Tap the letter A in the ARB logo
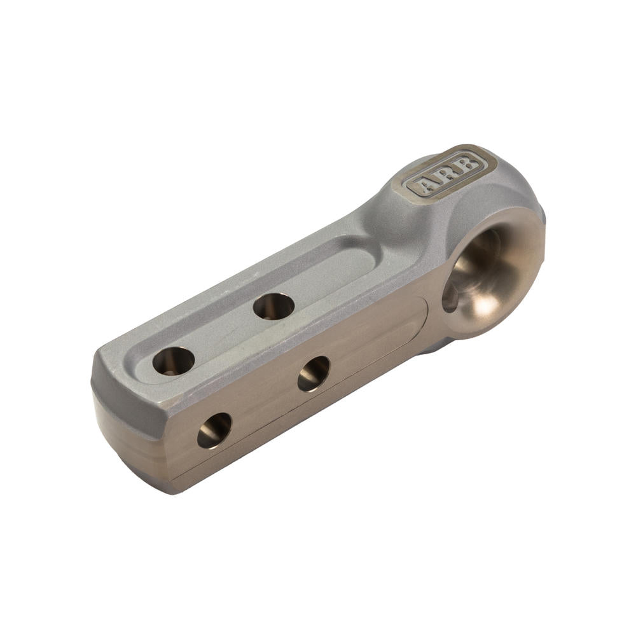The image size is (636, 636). click(x=427, y=184)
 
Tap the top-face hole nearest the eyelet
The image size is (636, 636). click(x=273, y=307)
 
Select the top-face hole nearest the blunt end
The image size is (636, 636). click(x=174, y=361)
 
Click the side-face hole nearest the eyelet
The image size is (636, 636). click(x=314, y=373)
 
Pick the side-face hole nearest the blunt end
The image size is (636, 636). click(x=214, y=431)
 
